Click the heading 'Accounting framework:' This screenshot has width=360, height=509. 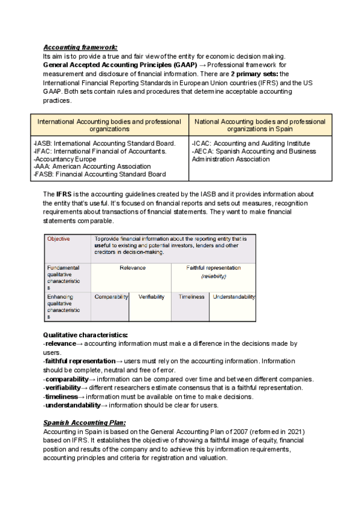(80, 47)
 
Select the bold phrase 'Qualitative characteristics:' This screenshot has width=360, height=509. (85, 334)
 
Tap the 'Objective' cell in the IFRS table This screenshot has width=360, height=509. (58, 239)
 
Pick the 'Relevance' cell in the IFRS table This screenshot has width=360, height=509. (133, 268)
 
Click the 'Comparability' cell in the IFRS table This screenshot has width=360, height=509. (112, 297)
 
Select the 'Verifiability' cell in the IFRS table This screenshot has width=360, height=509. (151, 297)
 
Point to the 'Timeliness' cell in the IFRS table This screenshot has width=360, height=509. (191, 297)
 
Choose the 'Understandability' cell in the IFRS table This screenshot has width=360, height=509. (234, 297)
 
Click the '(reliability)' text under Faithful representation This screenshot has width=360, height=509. (213, 277)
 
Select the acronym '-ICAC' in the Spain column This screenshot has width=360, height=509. (201, 143)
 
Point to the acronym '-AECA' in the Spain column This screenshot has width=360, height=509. (202, 151)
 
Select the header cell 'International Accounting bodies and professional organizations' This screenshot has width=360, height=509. (109, 125)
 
